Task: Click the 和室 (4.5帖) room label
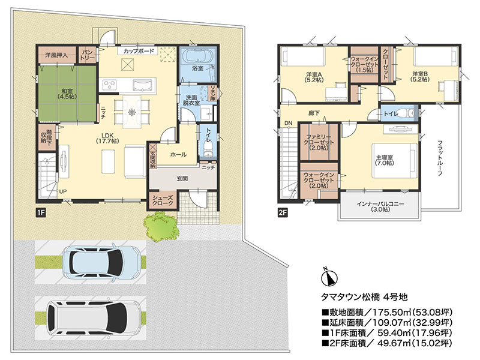(67, 94)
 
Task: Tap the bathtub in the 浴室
(197, 57)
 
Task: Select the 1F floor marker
(41, 212)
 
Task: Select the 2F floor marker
(283, 212)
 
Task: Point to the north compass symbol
(329, 277)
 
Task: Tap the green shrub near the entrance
(160, 226)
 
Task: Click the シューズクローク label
(163, 200)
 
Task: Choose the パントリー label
(88, 55)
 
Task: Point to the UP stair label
(63, 191)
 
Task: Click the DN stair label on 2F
(288, 123)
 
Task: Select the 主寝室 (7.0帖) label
(385, 160)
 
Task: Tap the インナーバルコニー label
(380, 206)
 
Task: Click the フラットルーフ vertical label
(440, 158)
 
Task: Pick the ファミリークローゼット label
(319, 142)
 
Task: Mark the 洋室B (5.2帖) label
(419, 77)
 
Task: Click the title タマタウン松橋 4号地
(364, 296)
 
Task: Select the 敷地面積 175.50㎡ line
(386, 312)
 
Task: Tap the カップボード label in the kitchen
(139, 51)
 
